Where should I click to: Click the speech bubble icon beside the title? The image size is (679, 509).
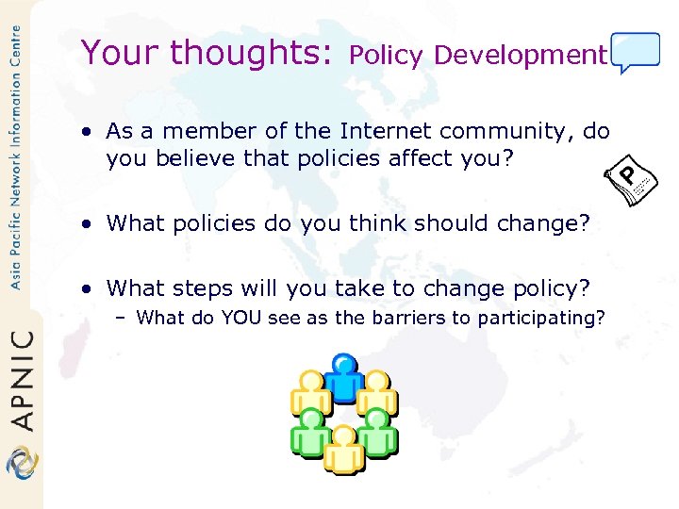[635, 52]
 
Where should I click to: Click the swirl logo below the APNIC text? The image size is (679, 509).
[21, 463]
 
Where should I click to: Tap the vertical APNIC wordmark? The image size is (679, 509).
[22, 378]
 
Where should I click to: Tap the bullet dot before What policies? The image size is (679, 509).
[86, 224]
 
